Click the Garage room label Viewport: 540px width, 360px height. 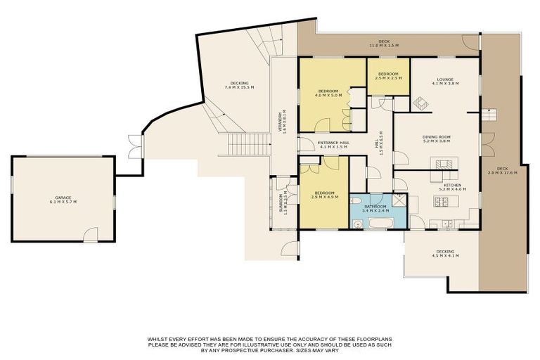pos(63,200)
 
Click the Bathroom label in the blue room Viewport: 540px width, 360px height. pos(375,208)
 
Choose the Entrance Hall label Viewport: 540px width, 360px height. pos(333,145)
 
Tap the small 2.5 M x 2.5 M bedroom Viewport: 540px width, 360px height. pos(388,76)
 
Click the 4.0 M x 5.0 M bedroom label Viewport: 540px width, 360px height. pos(328,93)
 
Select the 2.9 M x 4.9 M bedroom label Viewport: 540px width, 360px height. pos(325,195)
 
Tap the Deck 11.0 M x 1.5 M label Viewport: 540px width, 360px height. pos(384,44)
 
